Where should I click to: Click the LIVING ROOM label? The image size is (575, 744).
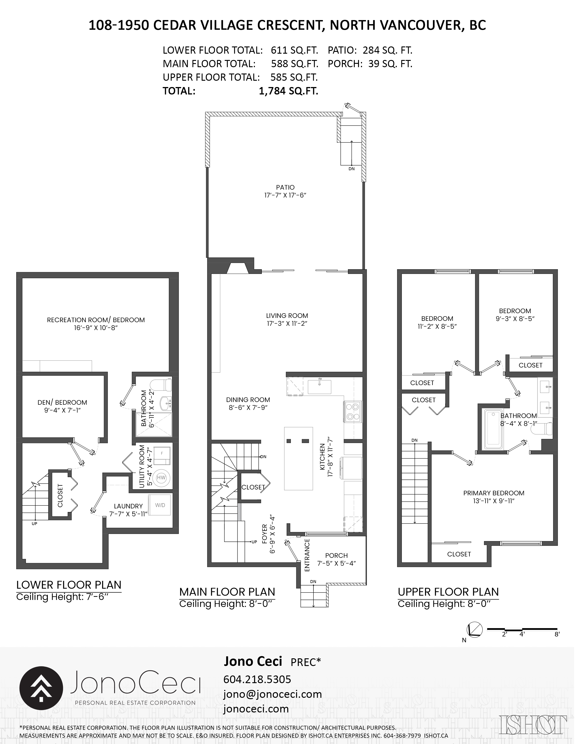(287, 316)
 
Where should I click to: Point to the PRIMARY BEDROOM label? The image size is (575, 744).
(494, 493)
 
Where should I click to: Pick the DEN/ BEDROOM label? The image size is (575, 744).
(62, 402)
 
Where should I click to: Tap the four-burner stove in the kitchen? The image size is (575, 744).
(353, 411)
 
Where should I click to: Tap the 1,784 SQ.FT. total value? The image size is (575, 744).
(289, 91)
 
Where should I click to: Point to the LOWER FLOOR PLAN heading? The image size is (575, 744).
(69, 585)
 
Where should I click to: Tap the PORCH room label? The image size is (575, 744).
(337, 555)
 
